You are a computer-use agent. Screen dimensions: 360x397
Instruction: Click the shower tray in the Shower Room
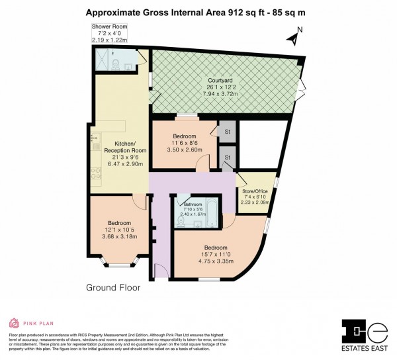102,58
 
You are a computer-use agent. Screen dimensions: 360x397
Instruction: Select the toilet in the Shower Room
116,64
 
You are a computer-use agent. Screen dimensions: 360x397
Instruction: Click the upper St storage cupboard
227,131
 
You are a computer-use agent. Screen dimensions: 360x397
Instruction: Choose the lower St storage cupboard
227,157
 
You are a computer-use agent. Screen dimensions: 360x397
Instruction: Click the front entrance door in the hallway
159,271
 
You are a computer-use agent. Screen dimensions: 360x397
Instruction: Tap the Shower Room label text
109,26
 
